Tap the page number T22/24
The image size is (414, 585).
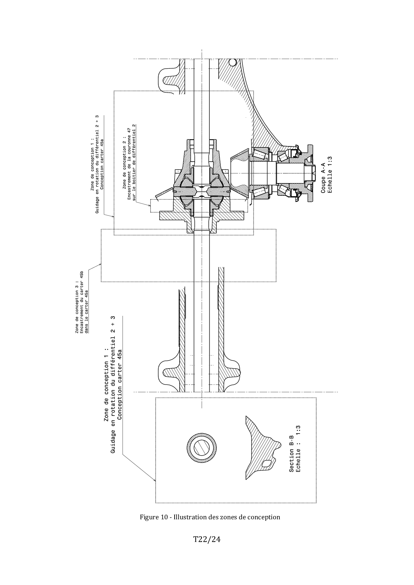pos(207,539)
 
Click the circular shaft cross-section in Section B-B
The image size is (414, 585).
pos(202,449)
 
